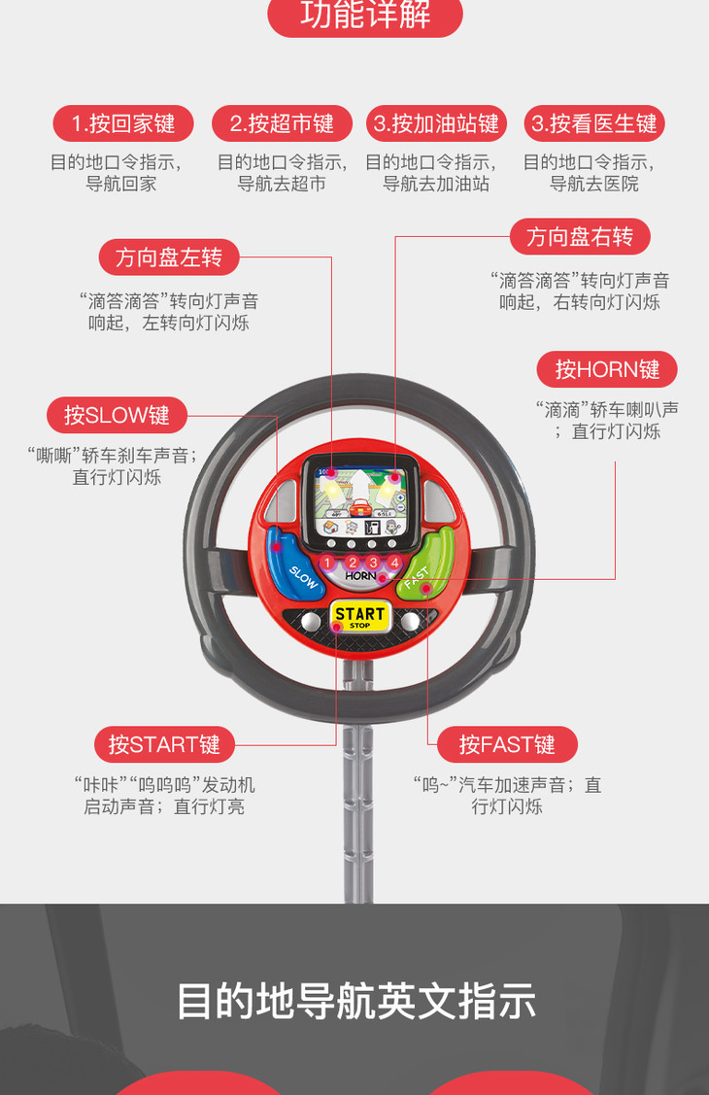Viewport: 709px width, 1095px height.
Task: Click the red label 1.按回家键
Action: [122, 123]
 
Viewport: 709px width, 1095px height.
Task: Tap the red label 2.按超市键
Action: [282, 123]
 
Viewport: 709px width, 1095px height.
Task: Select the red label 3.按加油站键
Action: [436, 123]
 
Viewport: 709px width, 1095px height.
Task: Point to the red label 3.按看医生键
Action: [593, 123]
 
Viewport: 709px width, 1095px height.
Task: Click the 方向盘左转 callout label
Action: [169, 257]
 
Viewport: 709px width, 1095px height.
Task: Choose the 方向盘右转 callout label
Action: [580, 236]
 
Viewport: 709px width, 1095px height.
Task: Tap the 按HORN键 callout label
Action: [607, 369]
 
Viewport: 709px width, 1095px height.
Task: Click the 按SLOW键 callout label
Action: [117, 415]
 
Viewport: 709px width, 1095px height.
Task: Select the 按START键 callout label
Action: [164, 745]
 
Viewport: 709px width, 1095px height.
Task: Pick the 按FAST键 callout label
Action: [506, 745]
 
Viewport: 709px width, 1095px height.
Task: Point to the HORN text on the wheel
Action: [360, 576]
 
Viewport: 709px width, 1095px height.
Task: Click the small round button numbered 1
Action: [327, 563]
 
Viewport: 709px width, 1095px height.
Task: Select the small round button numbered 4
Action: [394, 563]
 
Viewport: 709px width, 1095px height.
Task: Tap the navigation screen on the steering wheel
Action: [361, 501]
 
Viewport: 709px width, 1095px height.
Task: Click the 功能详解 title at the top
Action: [365, 16]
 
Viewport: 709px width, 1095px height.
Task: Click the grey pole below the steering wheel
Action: [358, 797]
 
